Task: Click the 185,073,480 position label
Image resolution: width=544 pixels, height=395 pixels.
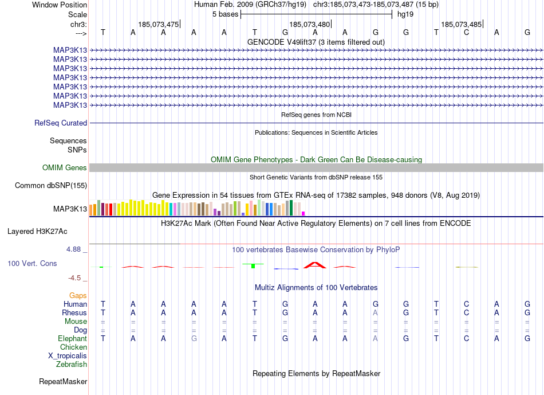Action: tap(310, 24)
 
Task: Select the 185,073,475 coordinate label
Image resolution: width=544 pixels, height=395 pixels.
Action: tap(158, 24)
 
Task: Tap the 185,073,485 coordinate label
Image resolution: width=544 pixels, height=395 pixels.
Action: tap(461, 24)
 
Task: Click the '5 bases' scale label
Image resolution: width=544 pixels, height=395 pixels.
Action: tap(223, 14)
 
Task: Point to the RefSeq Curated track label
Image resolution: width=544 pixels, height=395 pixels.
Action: tap(61, 123)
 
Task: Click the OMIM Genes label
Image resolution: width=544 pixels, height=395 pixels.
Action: tap(65, 168)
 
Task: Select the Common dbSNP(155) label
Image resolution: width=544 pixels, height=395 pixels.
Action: tap(51, 185)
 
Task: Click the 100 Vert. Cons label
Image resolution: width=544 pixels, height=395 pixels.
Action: tap(32, 263)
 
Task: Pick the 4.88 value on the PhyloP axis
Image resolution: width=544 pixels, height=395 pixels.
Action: tap(74, 249)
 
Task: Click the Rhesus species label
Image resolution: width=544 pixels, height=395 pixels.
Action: tap(74, 313)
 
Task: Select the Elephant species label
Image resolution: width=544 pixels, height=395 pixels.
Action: tap(73, 339)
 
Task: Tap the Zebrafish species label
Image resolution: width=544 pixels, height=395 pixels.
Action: tap(72, 365)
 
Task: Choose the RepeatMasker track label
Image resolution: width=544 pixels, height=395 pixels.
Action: tap(63, 381)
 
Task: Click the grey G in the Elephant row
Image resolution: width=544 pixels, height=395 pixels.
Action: tap(194, 339)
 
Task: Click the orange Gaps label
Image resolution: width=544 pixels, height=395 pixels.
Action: tap(78, 295)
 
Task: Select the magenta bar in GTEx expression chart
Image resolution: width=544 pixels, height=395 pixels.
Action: tap(303, 213)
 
